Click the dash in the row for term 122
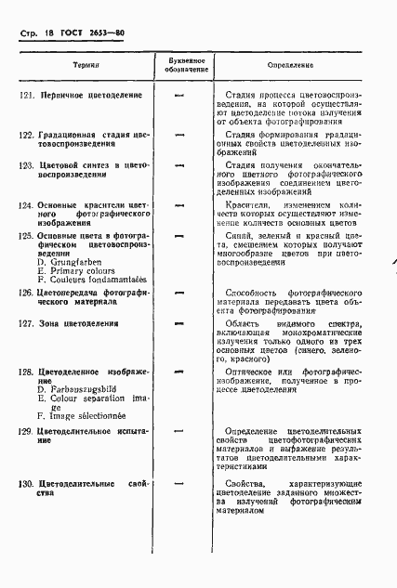(179, 136)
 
